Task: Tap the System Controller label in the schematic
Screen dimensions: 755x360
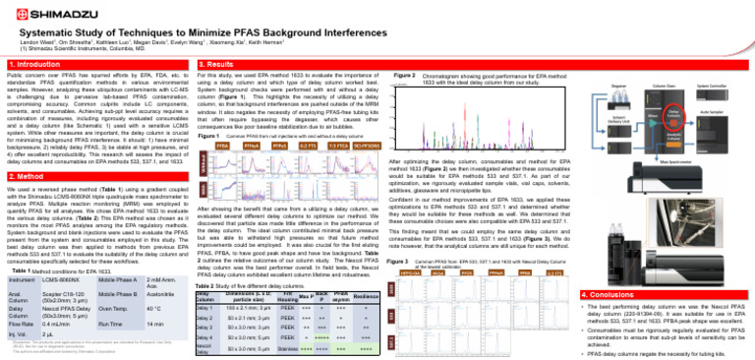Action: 726,86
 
